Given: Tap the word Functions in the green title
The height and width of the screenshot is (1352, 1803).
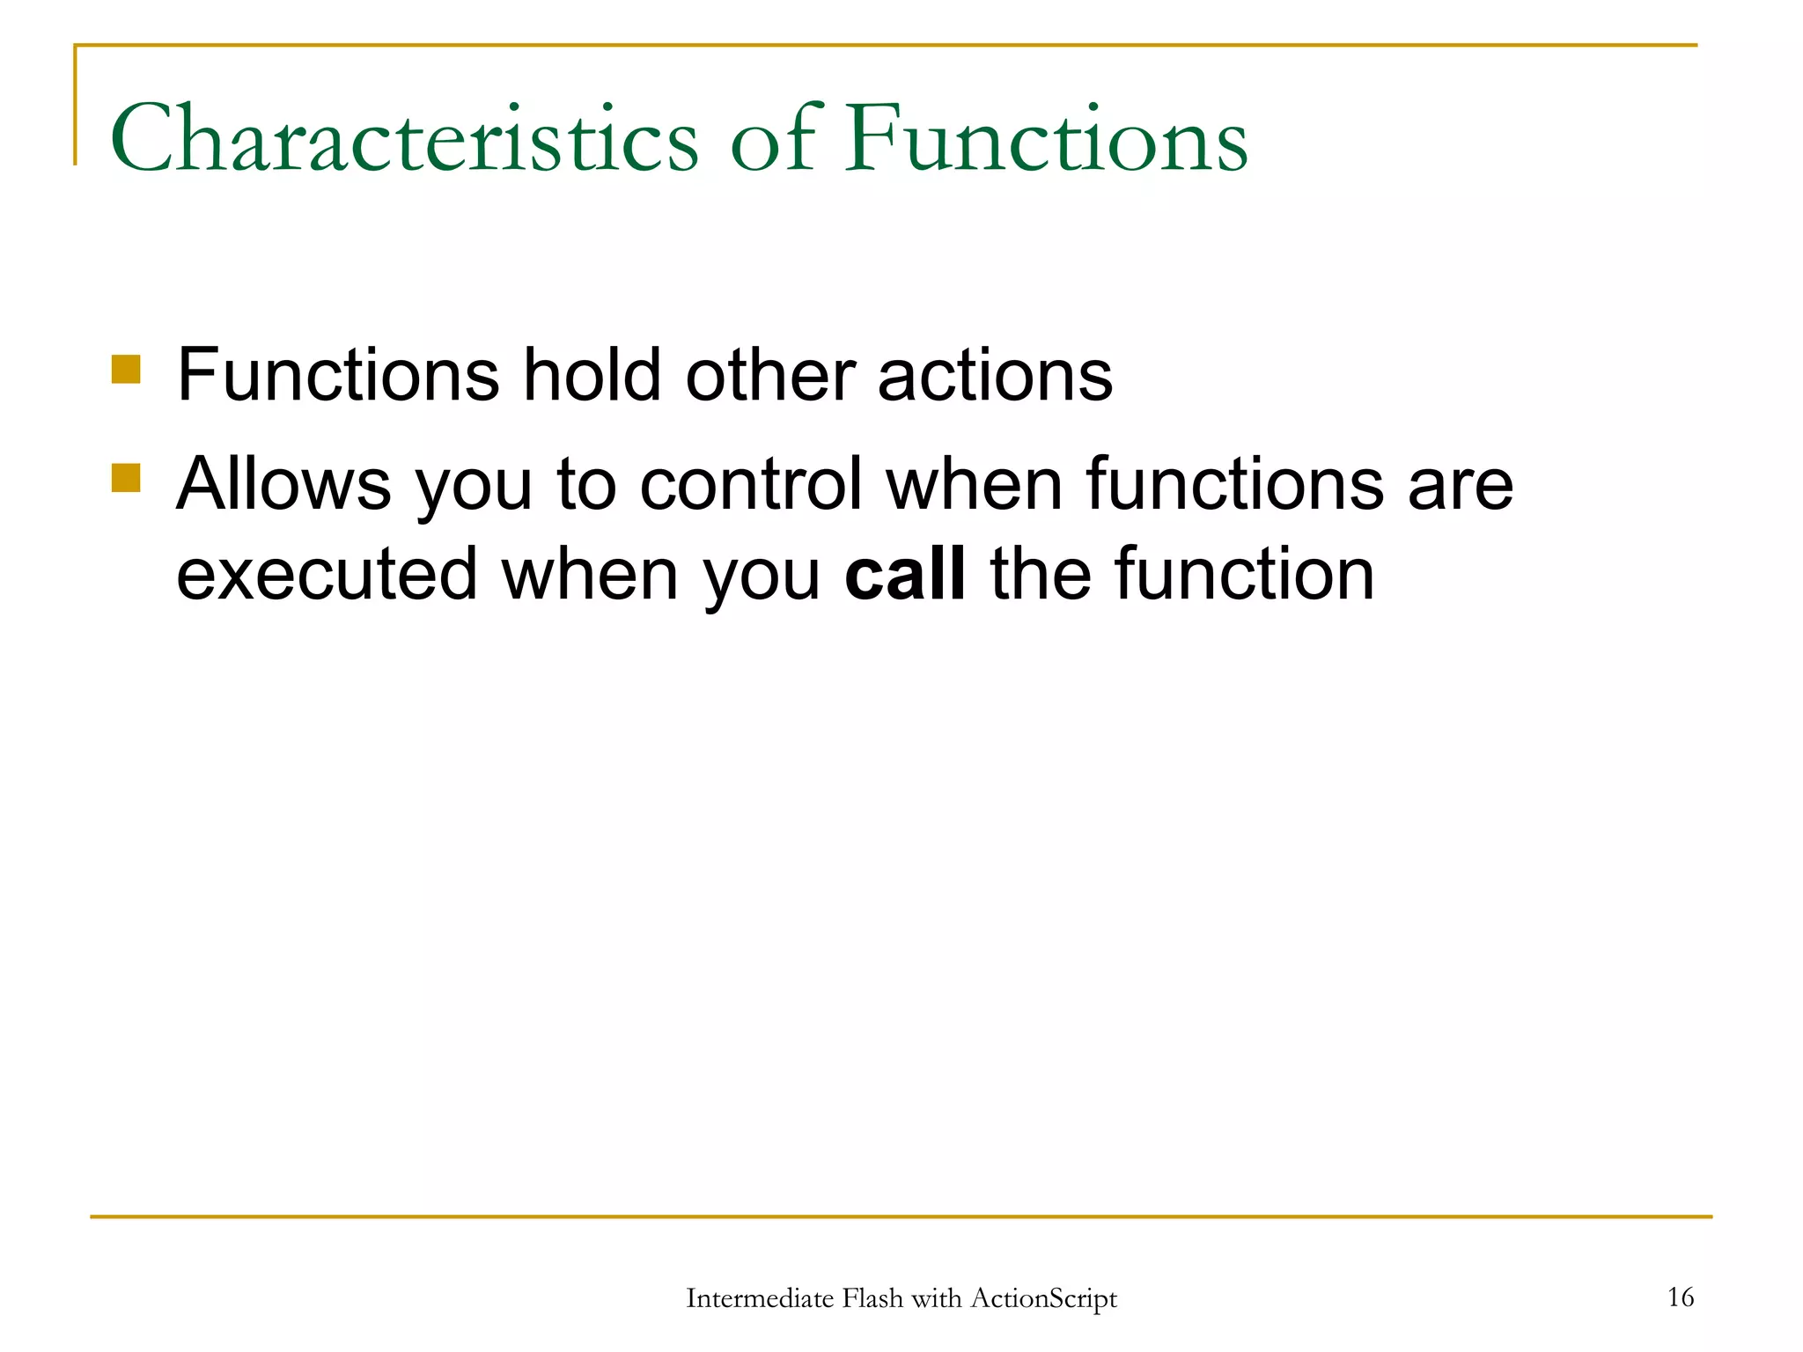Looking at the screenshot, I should (1046, 139).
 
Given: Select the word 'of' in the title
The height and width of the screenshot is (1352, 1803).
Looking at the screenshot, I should (772, 139).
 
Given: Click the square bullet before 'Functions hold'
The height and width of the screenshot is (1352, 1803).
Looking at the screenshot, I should (127, 370).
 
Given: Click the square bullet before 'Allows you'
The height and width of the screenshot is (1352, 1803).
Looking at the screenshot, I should (127, 478).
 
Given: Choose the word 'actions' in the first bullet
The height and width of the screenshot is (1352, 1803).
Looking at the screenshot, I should (995, 375).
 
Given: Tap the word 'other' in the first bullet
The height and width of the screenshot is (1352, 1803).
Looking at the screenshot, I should (769, 375).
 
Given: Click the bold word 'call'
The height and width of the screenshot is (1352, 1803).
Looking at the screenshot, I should (904, 574).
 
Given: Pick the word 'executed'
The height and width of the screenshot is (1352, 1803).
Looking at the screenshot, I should (327, 574).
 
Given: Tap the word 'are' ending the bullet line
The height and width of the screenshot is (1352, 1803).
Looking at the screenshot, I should (1460, 484).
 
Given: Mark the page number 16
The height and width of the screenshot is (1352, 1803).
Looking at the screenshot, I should (1680, 1297).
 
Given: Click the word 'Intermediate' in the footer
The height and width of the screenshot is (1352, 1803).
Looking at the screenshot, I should (760, 1298).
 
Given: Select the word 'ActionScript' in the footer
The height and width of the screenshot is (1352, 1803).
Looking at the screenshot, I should (1043, 1298).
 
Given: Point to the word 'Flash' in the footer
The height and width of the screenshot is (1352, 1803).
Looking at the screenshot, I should (872, 1298).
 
